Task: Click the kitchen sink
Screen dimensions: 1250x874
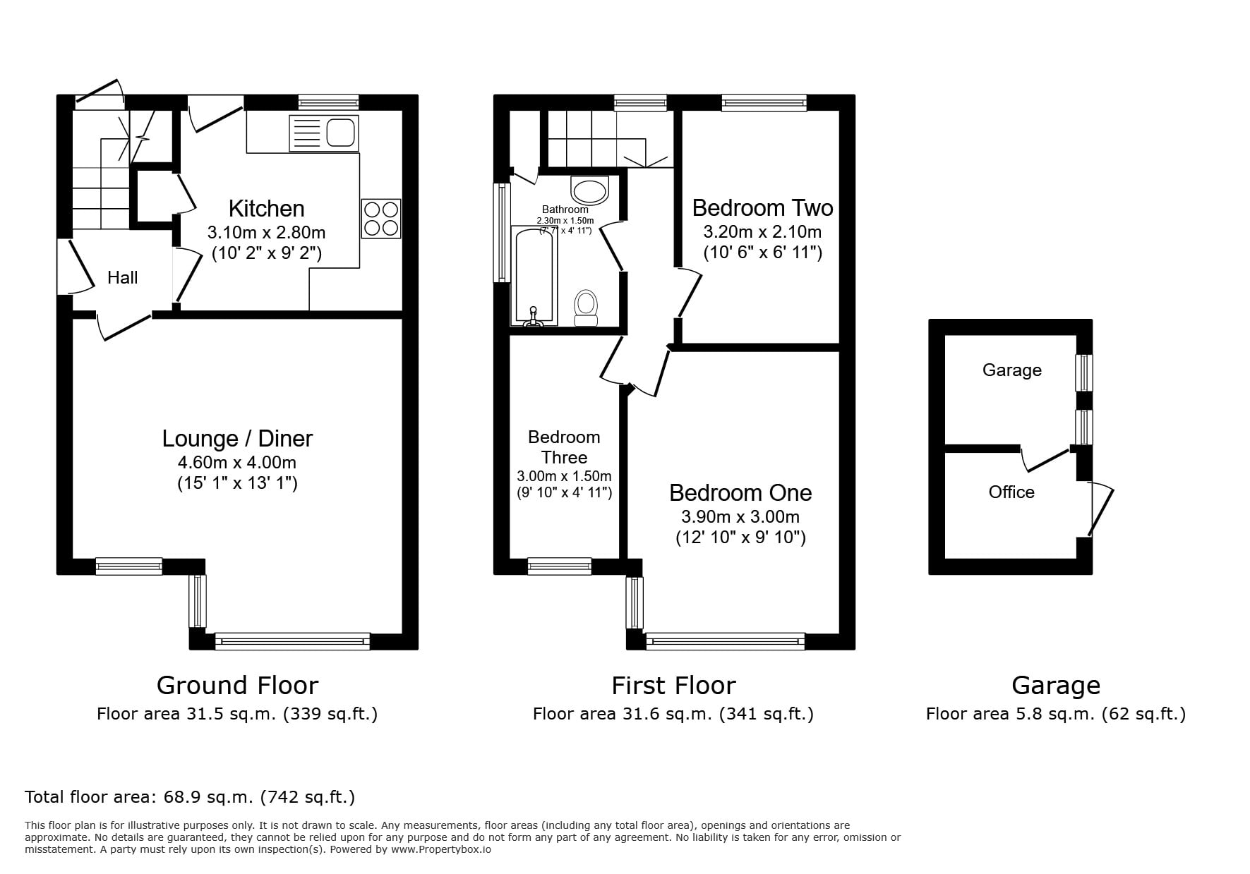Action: (324, 133)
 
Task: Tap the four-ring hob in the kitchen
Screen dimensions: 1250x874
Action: (381, 218)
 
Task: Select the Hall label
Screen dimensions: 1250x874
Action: (123, 278)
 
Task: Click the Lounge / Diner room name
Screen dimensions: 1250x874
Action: (237, 438)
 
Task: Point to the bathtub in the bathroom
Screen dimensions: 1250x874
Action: (534, 276)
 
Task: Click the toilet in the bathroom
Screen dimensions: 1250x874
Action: (585, 308)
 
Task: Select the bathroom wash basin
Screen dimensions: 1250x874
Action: (589, 190)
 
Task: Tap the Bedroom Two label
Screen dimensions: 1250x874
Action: (762, 208)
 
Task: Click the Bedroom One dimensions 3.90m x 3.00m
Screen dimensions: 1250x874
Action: (740, 517)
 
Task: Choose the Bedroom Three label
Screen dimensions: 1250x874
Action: (565, 447)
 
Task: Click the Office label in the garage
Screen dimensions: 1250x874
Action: (1011, 492)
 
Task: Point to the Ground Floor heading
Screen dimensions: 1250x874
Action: (237, 686)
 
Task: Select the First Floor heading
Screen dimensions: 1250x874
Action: (673, 686)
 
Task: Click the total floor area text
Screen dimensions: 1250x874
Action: (190, 798)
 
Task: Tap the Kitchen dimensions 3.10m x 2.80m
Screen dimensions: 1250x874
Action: (267, 232)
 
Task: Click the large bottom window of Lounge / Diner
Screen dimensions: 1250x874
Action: (292, 641)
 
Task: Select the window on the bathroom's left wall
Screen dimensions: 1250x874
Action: (502, 232)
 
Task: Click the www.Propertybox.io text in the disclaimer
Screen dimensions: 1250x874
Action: (441, 849)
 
